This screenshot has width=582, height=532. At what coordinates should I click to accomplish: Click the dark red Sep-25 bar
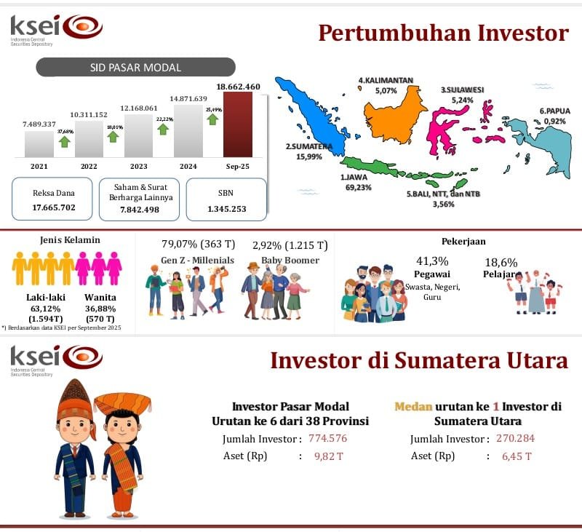(237, 124)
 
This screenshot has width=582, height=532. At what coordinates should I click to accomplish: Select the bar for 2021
(39, 144)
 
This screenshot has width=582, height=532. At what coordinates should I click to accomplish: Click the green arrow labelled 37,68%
(65, 140)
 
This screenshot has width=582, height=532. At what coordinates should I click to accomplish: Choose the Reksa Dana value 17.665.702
(54, 207)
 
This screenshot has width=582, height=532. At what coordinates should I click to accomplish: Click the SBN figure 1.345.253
(226, 209)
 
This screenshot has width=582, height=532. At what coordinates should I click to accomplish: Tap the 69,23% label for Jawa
(359, 187)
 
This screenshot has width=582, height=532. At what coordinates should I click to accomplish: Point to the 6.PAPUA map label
(554, 111)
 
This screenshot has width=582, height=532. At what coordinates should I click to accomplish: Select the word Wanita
(100, 297)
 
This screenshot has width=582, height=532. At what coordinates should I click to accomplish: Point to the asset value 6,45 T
(517, 456)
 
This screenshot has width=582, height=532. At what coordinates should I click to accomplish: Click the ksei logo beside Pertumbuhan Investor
(57, 28)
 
